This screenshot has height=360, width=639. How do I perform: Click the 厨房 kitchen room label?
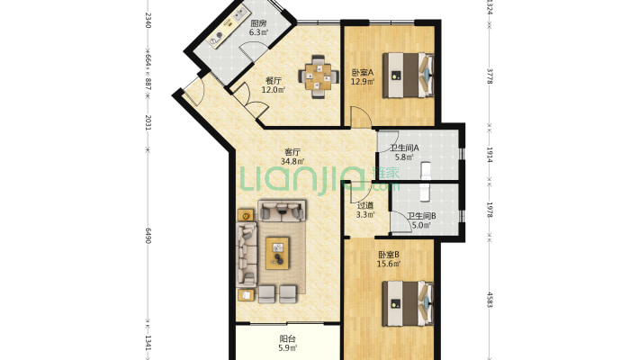[258, 23]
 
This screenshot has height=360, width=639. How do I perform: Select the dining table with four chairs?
[319, 76]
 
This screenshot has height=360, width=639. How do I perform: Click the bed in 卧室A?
[408, 75]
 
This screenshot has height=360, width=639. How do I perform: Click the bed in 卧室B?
[408, 303]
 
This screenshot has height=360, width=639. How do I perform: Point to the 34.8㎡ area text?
[292, 161]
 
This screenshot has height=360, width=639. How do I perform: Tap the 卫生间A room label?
[404, 148]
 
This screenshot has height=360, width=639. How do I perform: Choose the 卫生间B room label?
[421, 216]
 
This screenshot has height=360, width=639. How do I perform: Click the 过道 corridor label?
[365, 205]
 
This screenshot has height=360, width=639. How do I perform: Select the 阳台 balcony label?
[288, 338]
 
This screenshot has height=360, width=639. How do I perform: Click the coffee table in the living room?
[277, 253]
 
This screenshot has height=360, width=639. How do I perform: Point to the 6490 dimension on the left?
[148, 235]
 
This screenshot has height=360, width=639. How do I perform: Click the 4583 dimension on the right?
[490, 300]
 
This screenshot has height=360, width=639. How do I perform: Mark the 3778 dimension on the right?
[490, 76]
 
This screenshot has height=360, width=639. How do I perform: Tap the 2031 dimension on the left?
[148, 122]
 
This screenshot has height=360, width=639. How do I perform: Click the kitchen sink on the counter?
[238, 15]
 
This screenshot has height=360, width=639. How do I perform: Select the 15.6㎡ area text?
[389, 264]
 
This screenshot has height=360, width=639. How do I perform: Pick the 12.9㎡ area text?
[363, 82]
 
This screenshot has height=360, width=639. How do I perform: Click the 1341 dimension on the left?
[148, 343]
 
